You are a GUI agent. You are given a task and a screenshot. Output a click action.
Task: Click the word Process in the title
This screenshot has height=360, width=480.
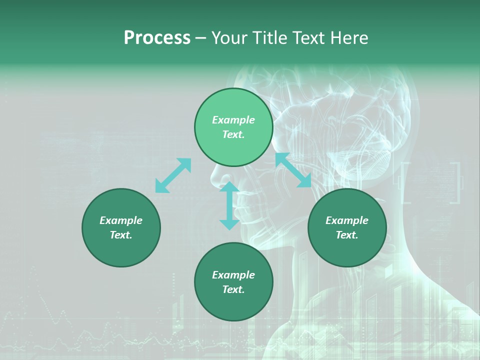pos(157,38)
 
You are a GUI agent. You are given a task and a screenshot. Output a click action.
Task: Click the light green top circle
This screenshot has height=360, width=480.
pos(233,127)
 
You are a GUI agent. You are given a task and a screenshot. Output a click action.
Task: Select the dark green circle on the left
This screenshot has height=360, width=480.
pos(121,227)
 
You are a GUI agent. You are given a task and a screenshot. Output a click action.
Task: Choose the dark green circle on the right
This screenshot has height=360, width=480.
pos(347,227)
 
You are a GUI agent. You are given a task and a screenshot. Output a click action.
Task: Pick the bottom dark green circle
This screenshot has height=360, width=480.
pos(233,282)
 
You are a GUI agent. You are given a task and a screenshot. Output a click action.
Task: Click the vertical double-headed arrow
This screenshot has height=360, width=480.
pos(229,205)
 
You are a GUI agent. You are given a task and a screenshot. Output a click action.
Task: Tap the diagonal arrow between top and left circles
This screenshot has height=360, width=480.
pos(173,175)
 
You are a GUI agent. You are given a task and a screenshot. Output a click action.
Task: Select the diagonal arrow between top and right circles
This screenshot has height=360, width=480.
pos(293,170)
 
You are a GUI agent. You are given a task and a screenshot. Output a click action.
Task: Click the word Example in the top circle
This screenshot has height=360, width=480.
pos(233,120)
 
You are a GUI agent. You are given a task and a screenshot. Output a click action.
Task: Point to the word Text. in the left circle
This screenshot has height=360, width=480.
pos(121,235)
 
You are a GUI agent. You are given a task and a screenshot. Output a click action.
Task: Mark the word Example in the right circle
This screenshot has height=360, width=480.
pos(347,220)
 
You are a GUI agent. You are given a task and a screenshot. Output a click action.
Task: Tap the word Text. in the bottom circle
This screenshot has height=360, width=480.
pos(233,289)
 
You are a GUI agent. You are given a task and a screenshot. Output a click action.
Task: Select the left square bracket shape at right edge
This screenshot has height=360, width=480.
pos(405,183)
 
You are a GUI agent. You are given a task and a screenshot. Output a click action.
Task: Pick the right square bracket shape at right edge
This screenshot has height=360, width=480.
pos(455,183)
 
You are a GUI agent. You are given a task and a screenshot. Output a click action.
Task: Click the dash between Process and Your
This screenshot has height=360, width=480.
pos(201,38)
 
